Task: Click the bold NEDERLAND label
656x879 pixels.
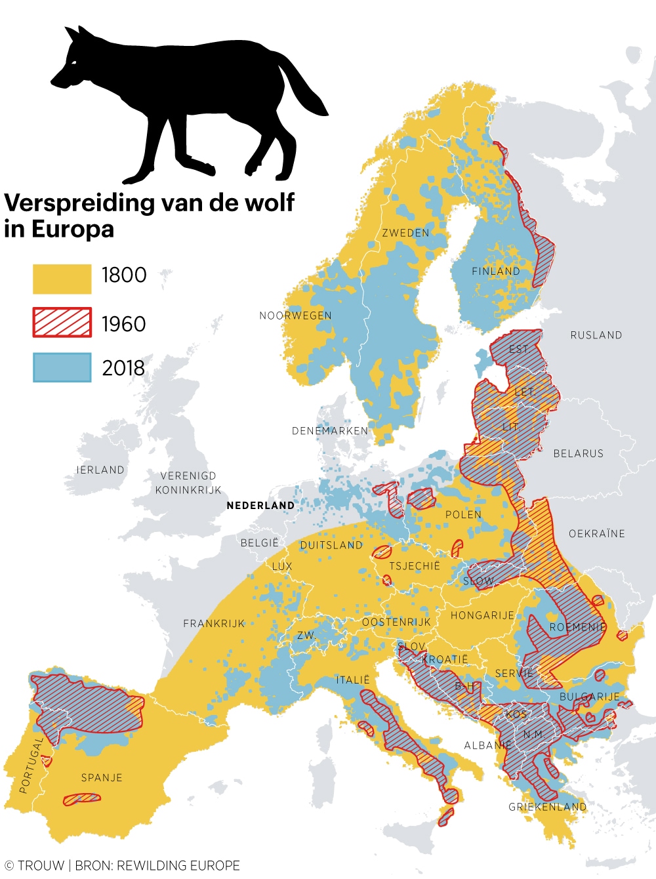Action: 260,505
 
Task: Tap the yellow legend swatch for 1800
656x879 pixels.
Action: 62,279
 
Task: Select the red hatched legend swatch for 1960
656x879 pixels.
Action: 62,323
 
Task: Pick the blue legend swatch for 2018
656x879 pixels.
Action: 62,367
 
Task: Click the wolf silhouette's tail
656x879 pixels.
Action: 305,89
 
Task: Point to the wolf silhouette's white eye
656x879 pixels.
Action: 73,62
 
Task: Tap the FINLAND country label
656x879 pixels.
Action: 496,271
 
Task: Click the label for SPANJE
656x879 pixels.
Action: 102,777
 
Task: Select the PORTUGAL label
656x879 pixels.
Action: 31,765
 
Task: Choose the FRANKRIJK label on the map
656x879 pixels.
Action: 214,623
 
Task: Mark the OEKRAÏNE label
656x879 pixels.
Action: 597,533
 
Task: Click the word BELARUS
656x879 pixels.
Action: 578,453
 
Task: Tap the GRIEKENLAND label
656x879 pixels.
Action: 548,807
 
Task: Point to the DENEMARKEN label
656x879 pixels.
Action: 330,431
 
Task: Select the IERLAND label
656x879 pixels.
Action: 100,470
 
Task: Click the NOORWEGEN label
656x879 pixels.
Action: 295,316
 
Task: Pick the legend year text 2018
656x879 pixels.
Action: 123,368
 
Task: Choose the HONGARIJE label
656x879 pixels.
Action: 482,615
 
